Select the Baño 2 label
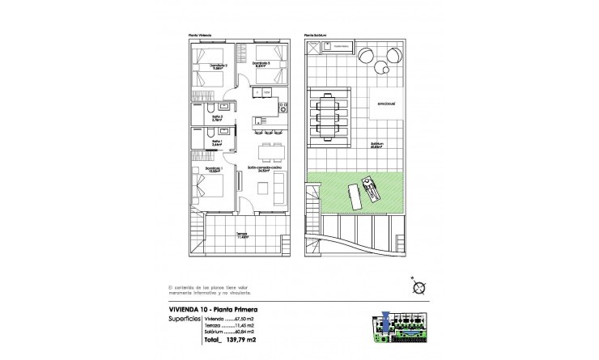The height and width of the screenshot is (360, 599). [x=218, y=117]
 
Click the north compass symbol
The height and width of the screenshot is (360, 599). [x=418, y=286]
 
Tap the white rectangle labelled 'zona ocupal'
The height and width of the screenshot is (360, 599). [x=377, y=105]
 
